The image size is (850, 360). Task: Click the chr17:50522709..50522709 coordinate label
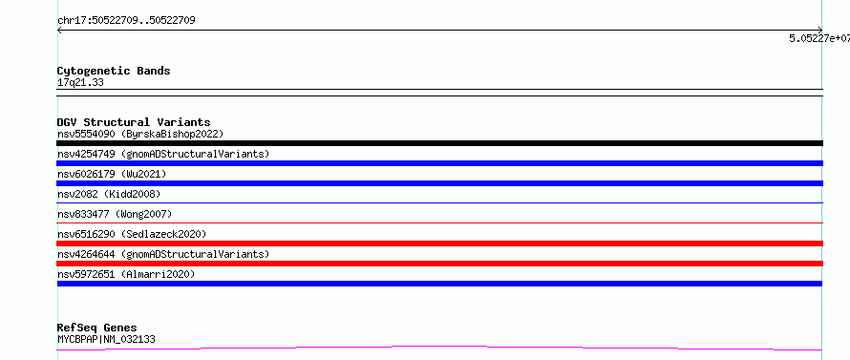click(x=126, y=21)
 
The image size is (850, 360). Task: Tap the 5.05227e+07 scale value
click(x=819, y=38)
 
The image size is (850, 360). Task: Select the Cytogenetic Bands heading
click(x=114, y=71)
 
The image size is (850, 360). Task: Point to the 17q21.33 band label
click(x=80, y=83)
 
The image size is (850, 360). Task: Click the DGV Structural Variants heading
click(x=134, y=122)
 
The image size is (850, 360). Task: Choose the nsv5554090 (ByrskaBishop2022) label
click(x=140, y=134)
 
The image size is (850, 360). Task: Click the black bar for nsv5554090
click(x=439, y=143)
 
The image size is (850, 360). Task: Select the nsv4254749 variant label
click(x=163, y=154)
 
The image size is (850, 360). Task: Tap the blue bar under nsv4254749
click(x=439, y=163)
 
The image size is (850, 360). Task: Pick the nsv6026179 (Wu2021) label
click(x=112, y=174)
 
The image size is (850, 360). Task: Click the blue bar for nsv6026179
click(x=439, y=183)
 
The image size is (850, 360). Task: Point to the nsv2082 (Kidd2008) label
click(x=109, y=194)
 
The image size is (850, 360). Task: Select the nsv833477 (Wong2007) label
click(x=115, y=214)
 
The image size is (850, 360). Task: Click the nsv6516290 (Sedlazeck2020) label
click(x=132, y=234)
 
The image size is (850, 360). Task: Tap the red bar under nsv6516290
click(x=439, y=244)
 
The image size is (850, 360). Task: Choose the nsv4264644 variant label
click(x=163, y=254)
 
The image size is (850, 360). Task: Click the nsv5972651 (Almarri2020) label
click(x=126, y=274)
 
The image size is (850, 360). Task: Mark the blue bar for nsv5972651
click(x=439, y=284)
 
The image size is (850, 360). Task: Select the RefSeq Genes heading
click(x=96, y=328)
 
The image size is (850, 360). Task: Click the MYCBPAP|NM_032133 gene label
click(x=106, y=340)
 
